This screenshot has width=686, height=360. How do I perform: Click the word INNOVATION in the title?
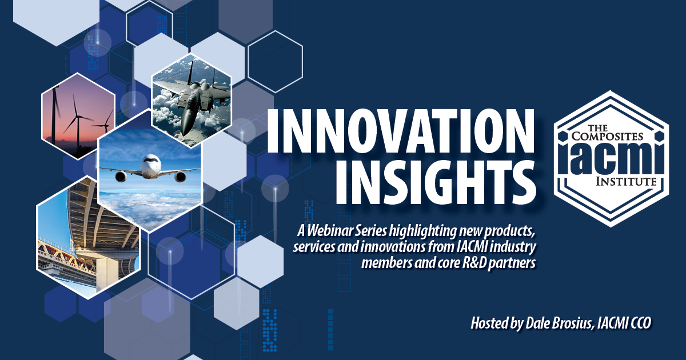[x=401, y=131]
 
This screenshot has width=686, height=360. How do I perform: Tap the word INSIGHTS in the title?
[x=435, y=182]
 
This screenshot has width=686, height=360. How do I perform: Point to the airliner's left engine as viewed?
[x=122, y=177]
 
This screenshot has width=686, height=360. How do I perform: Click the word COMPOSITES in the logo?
[x=607, y=136]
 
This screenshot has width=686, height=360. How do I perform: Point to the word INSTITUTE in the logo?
[x=626, y=182]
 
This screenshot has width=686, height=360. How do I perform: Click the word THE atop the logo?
[x=598, y=127]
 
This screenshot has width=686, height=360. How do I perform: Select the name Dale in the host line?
[x=535, y=323]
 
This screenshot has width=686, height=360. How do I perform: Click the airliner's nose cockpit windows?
[x=150, y=160]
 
